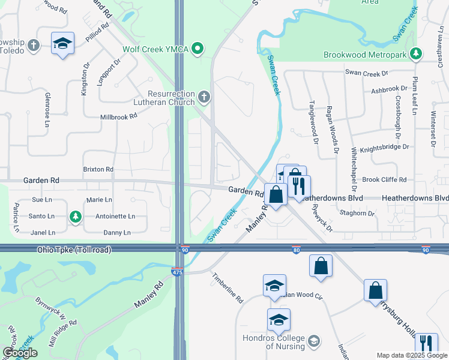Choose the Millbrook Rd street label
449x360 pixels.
(x=119, y=117)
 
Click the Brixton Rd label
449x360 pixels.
(x=98, y=170)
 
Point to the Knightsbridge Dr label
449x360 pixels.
(x=385, y=146)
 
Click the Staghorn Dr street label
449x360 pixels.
(x=356, y=213)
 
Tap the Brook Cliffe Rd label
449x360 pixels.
(x=384, y=179)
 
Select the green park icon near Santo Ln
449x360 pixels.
(x=75, y=216)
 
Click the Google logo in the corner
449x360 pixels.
(x=20, y=353)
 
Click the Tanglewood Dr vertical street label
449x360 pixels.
(x=313, y=122)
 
